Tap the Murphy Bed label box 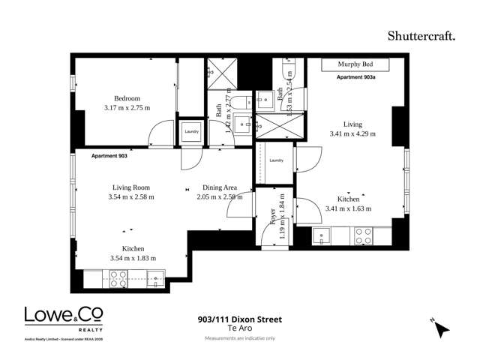355,65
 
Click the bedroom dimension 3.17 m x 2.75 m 127,108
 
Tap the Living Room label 131,187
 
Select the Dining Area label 220,187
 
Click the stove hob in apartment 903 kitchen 118,279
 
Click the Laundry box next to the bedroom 192,132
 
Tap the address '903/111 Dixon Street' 236,319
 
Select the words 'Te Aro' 236,328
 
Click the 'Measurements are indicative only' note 236,339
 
